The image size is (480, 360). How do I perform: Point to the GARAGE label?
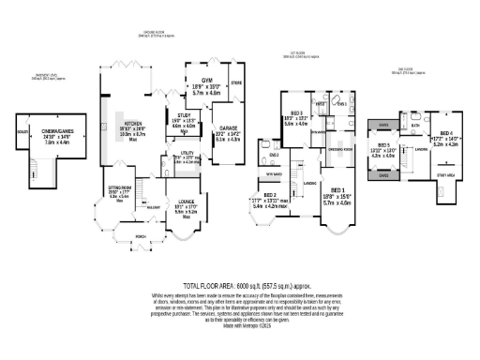click(x=229, y=127)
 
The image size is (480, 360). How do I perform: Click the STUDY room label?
click(x=183, y=114)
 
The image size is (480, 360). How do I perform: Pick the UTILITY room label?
click(x=187, y=151)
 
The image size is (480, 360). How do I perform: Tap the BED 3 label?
click(x=296, y=112)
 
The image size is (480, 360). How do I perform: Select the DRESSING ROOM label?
click(x=339, y=148)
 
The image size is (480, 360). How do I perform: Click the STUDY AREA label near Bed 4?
click(x=448, y=174)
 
